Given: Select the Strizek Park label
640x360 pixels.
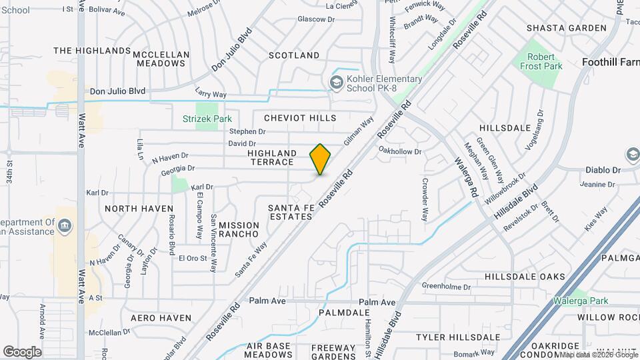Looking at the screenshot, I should click(x=207, y=119).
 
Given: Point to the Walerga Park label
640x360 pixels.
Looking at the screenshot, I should click(x=581, y=301).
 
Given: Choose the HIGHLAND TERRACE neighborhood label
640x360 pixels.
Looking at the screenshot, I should click(x=271, y=157).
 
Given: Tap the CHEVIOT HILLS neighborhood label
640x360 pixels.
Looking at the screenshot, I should click(x=300, y=118).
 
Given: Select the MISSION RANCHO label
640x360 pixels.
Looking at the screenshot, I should click(x=239, y=230).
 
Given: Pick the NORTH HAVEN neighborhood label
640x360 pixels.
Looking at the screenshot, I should click(x=139, y=209).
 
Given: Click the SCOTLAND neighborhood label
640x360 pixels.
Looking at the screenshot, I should click(x=294, y=55).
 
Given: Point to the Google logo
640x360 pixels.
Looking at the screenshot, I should click(x=22, y=351).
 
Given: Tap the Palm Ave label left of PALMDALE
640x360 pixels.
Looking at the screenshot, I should click(x=267, y=301).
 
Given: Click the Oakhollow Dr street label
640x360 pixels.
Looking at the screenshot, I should click(x=400, y=151).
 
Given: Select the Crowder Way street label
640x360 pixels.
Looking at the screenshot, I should click(x=425, y=199).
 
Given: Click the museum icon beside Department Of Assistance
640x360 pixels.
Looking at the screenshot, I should click(x=65, y=227).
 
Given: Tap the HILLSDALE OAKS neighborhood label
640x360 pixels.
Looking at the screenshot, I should click(x=525, y=277).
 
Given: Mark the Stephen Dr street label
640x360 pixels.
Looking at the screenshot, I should click(x=243, y=131).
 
